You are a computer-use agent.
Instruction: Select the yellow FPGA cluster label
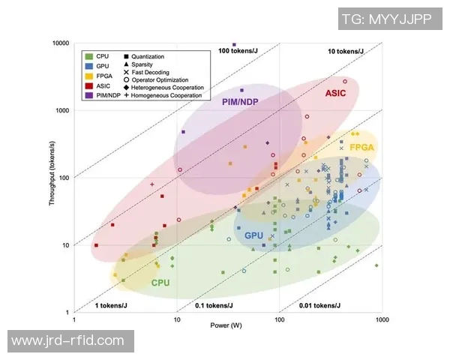[361, 147]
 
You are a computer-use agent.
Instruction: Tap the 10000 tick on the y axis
[60, 43]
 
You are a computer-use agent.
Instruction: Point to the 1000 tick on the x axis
[382, 320]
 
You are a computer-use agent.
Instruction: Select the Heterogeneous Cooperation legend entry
[162, 88]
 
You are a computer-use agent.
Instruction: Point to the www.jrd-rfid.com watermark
[68, 340]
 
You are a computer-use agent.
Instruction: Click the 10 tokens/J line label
[346, 51]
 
